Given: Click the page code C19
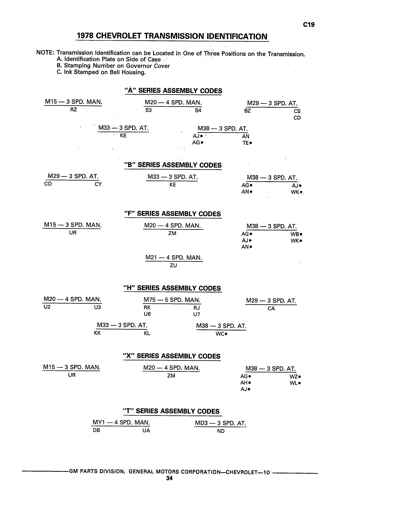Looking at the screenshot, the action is pyautogui.click(x=309, y=25).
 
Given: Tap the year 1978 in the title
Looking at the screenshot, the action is pyautogui.click(x=85, y=36).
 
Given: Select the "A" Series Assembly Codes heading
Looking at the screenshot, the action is pyautogui.click(x=173, y=91).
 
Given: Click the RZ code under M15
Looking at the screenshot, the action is pyautogui.click(x=74, y=109).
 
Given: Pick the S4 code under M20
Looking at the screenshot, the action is pyautogui.click(x=198, y=110).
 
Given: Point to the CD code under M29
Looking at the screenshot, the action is pyautogui.click(x=297, y=118).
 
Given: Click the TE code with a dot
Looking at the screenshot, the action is pyautogui.click(x=247, y=143).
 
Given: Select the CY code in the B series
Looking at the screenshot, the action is pyautogui.click(x=98, y=184).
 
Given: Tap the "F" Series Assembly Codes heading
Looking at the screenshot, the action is pyautogui.click(x=172, y=214).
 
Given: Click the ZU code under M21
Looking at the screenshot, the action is pyautogui.click(x=173, y=265).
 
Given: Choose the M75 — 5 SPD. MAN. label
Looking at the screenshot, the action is pyautogui.click(x=172, y=300).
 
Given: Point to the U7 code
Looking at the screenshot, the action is pyautogui.click(x=196, y=314).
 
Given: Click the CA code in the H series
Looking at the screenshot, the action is pyautogui.click(x=271, y=308).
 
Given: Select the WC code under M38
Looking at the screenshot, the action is pyautogui.click(x=221, y=334).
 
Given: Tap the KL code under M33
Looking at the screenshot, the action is pyautogui.click(x=147, y=333).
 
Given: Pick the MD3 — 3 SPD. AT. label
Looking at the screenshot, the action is pyautogui.click(x=220, y=423).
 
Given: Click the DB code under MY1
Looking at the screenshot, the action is pyautogui.click(x=96, y=430).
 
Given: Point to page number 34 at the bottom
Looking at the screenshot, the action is pyautogui.click(x=169, y=478).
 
